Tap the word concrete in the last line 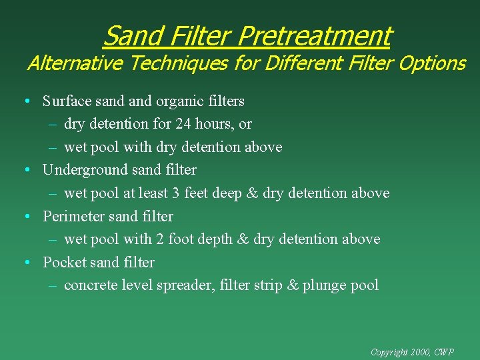(90, 285)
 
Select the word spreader (183, 285)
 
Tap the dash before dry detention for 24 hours (53, 124)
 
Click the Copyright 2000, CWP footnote (412, 352)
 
